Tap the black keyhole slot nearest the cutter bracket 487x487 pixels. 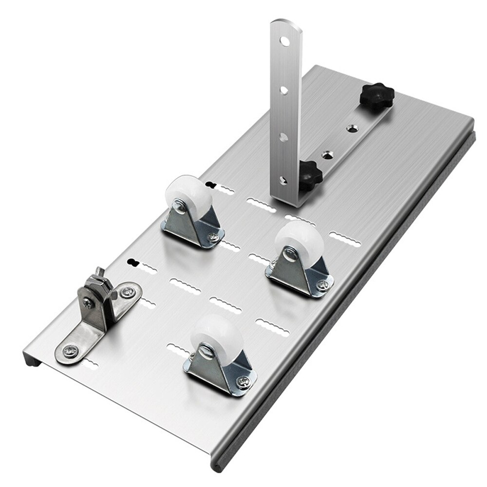click(x=131, y=262)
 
